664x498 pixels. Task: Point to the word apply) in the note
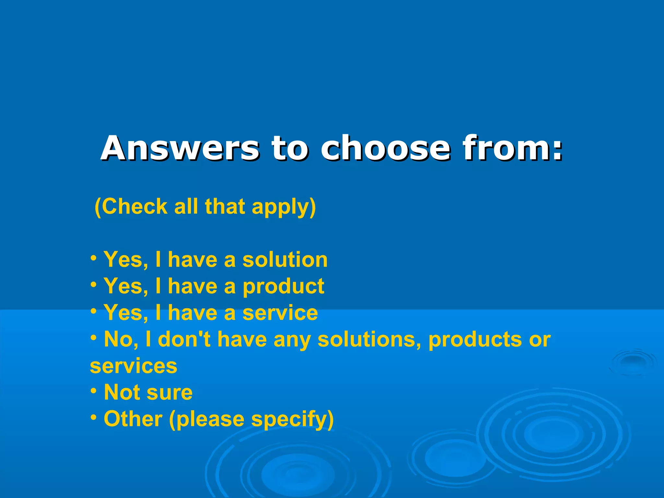coord(284,207)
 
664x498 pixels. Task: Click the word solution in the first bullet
coord(285,260)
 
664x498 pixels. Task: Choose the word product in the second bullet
coord(283,287)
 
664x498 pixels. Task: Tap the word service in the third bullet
coord(280,313)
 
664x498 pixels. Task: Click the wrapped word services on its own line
coord(134,366)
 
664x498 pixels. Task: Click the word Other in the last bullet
coord(133,419)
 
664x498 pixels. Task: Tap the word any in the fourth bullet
coord(292,340)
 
